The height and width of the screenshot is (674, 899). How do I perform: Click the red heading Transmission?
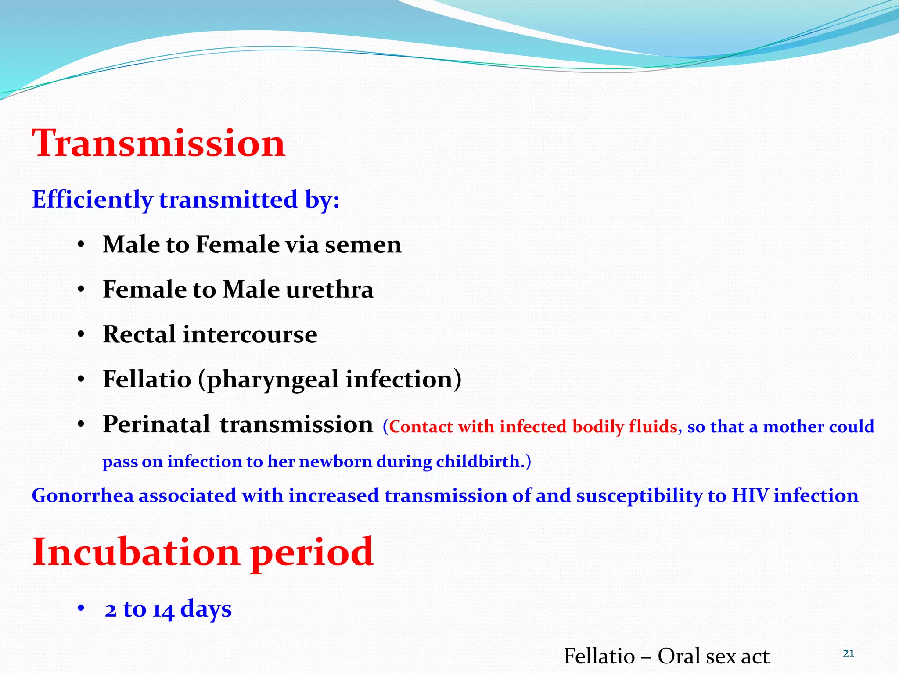(x=159, y=143)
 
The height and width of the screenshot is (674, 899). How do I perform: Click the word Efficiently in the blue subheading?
(x=92, y=200)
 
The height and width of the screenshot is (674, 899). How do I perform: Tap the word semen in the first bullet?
(x=363, y=244)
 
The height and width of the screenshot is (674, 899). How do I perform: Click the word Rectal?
(x=139, y=334)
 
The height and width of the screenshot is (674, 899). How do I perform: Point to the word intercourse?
(x=250, y=334)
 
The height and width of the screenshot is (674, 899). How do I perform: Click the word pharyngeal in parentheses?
(x=273, y=380)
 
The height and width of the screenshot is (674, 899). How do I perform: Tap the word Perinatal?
(x=156, y=425)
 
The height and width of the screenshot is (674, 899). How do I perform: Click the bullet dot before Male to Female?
(x=81, y=245)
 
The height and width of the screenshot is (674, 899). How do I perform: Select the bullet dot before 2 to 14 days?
(x=81, y=609)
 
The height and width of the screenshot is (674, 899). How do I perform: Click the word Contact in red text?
(x=421, y=427)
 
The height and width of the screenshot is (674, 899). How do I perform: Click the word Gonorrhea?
(x=83, y=496)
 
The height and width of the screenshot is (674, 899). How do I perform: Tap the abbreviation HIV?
(x=750, y=496)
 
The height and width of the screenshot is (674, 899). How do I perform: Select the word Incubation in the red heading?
(x=136, y=552)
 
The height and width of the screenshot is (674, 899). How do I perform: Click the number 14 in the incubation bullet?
(x=163, y=610)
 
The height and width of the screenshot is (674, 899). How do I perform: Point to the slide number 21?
(x=848, y=654)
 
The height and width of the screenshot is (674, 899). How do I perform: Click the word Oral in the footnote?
(x=679, y=656)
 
